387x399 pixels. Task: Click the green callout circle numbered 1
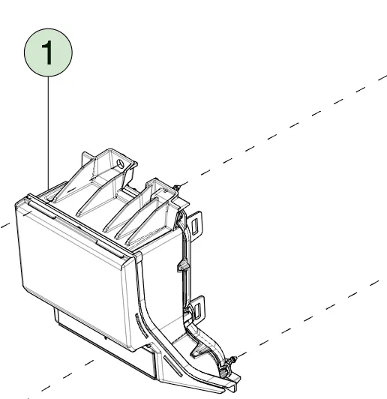[x=48, y=52]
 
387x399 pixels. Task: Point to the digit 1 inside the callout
[x=48, y=52]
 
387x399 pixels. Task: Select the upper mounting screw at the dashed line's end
[x=177, y=187]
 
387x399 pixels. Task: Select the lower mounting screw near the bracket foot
[x=232, y=360]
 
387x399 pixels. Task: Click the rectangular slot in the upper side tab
[x=195, y=226]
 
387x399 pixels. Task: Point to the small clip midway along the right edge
[x=183, y=266]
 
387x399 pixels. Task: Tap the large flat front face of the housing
[x=73, y=272]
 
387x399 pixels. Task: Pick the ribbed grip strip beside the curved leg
[x=142, y=325]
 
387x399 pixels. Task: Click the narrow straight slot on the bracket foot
[x=173, y=366]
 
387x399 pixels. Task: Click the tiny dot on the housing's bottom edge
[x=106, y=338]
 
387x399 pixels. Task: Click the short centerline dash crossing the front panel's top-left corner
[x=27, y=214]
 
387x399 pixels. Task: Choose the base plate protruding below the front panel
[x=104, y=345]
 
